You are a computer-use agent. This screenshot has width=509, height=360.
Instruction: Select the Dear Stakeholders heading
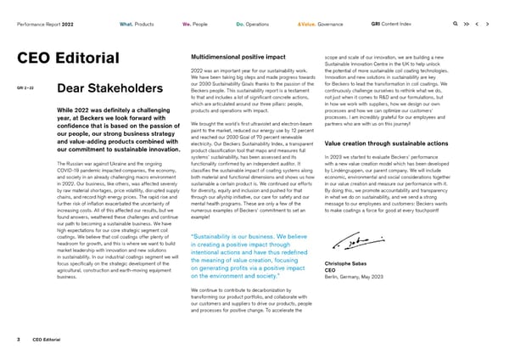110,90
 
